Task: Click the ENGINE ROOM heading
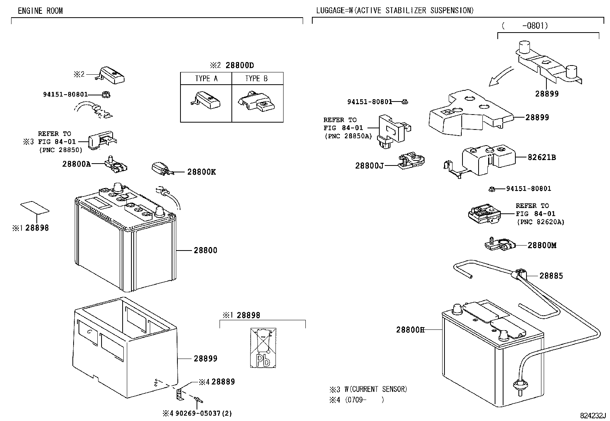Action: coord(40,11)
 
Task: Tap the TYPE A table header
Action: coord(206,79)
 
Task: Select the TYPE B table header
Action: coord(256,79)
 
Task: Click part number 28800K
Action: coord(202,172)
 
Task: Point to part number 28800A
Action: coord(77,164)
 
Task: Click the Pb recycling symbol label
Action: coord(263,348)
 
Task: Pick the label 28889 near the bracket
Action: coord(223,382)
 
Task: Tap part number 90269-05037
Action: coord(198,413)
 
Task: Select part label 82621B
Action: coord(542,157)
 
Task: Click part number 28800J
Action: coord(369,166)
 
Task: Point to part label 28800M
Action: coord(542,245)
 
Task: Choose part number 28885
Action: coord(551,276)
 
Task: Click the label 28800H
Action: coord(410,330)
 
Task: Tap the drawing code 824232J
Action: coord(593,416)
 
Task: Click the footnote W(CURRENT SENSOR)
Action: coord(376,390)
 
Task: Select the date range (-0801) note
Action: coord(525,26)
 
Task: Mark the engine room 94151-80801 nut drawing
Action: coord(106,95)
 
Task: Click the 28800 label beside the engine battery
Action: coord(206,251)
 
